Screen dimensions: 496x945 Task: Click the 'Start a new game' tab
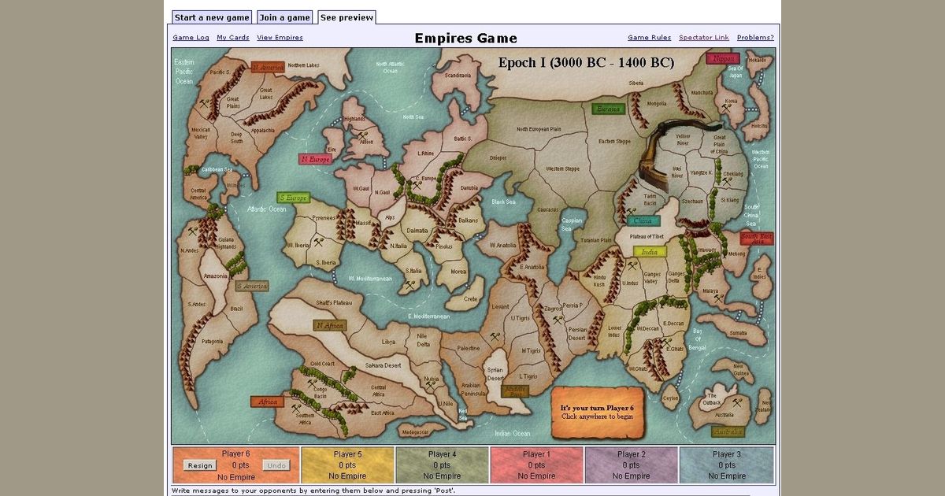click(212, 17)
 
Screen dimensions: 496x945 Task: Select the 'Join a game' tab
click(284, 17)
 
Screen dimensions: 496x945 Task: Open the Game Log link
click(191, 38)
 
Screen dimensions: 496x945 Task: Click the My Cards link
click(233, 38)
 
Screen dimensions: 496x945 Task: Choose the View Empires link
click(280, 38)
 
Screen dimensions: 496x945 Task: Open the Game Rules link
click(649, 38)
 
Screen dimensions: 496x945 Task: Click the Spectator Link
click(704, 38)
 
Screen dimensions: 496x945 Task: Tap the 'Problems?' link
click(755, 38)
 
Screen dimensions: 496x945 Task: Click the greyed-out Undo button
click(276, 465)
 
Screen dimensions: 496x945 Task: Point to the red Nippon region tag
click(723, 59)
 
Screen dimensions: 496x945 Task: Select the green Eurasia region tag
click(608, 109)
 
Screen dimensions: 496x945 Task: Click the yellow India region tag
click(650, 252)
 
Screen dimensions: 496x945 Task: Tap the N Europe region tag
click(315, 159)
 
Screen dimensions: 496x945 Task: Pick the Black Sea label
click(504, 202)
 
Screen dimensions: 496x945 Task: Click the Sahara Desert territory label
click(383, 366)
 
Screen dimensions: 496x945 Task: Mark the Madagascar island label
click(414, 432)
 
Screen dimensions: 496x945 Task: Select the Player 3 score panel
click(726, 465)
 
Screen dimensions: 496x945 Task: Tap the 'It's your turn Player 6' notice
click(597, 412)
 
